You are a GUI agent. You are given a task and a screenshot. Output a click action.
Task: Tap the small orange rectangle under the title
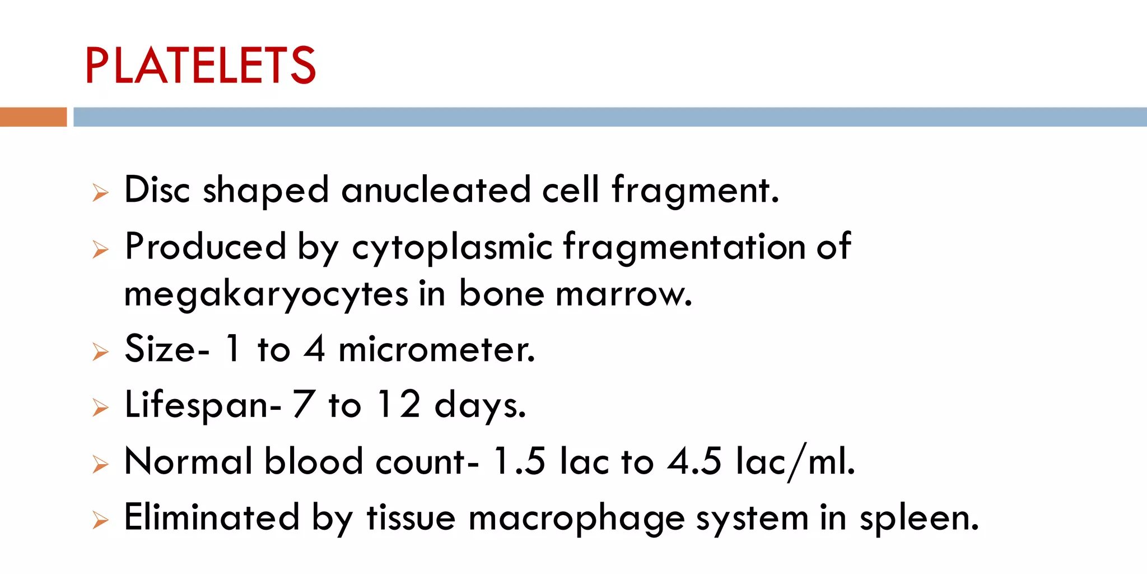(33, 117)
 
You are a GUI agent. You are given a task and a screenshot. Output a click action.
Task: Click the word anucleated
(436, 190)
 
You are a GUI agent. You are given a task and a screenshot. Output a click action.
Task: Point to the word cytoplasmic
(452, 247)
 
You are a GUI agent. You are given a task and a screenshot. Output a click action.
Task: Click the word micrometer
(437, 350)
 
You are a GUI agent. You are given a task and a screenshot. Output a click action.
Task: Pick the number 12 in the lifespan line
(399, 404)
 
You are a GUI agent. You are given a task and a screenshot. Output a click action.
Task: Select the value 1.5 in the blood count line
(519, 461)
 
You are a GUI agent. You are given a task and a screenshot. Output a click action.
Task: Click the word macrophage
(576, 519)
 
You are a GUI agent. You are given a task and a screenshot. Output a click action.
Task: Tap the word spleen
(918, 519)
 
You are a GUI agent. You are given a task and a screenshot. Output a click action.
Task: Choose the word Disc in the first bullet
(157, 190)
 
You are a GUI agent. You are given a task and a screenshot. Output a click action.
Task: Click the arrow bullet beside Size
(100, 351)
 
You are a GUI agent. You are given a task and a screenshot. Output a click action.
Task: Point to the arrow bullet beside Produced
(100, 249)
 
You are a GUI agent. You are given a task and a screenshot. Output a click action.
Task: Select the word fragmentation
(684, 247)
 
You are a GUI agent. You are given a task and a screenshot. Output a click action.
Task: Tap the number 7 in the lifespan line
(303, 404)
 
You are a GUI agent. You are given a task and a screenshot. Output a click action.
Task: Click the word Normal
(188, 461)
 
